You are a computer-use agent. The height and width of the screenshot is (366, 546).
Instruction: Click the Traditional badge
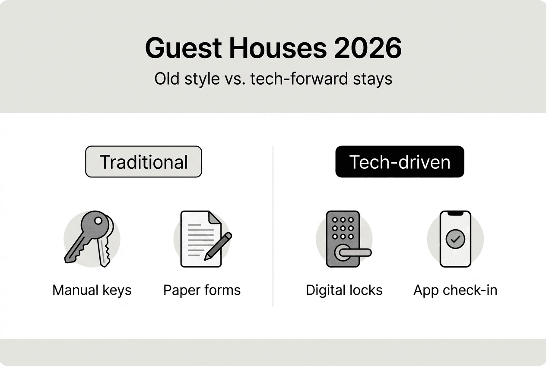coord(143,162)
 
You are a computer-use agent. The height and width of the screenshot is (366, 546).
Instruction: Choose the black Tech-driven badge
coord(400,162)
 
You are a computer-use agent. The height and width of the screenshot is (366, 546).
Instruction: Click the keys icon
coord(89,239)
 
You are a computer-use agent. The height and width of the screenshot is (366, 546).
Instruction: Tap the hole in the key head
coord(99,221)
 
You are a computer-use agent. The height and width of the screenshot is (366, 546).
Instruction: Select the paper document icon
coord(199,239)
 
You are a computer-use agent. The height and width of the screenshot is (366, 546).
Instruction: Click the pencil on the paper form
coord(218,246)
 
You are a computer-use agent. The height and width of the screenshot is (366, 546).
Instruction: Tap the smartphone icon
coord(455,239)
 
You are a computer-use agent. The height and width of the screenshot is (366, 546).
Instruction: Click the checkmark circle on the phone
coord(455,239)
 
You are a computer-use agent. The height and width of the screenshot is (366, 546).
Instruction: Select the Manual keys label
coord(92,290)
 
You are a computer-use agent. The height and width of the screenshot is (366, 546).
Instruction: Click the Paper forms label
coord(202,290)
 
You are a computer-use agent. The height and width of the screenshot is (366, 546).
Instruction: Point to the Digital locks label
coord(344,290)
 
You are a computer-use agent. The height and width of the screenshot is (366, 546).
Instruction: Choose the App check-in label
coord(455,290)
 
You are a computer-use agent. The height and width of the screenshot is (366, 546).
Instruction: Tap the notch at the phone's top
coord(455,213)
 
